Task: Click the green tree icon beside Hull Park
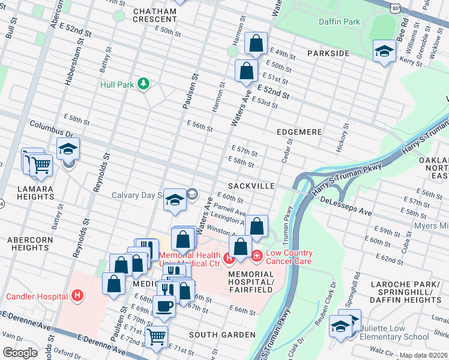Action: [143, 83]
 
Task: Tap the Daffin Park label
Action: [339, 22]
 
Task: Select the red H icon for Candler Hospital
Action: [77, 295]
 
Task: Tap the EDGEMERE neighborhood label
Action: [300, 131]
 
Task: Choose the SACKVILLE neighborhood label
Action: [251, 187]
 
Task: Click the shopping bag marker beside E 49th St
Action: [256, 43]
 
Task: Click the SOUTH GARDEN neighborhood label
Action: [221, 334]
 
